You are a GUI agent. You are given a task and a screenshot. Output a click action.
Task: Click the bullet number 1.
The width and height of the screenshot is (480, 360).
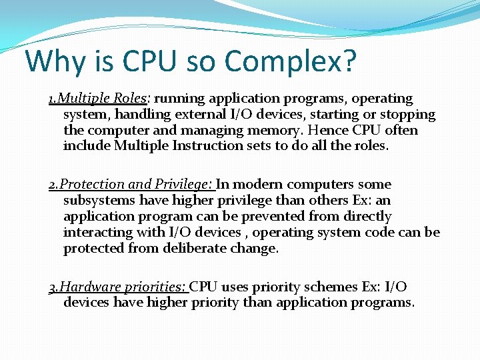click(x=51, y=99)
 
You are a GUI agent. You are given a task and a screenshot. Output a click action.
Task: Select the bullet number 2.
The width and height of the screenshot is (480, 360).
click(x=52, y=185)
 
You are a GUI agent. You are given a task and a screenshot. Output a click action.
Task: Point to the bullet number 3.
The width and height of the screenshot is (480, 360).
click(x=52, y=287)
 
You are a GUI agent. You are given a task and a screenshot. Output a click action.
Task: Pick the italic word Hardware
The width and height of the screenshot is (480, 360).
click(x=87, y=287)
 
